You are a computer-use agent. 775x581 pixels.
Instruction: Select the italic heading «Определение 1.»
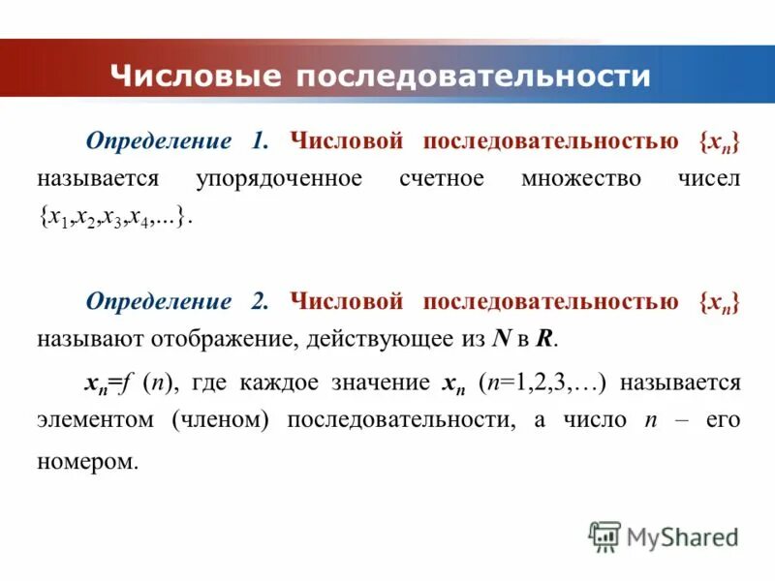(176, 141)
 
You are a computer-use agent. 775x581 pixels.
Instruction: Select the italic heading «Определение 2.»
(176, 301)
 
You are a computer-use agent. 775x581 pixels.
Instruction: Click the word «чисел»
(705, 179)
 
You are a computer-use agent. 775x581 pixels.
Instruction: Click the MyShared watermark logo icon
(604, 535)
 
